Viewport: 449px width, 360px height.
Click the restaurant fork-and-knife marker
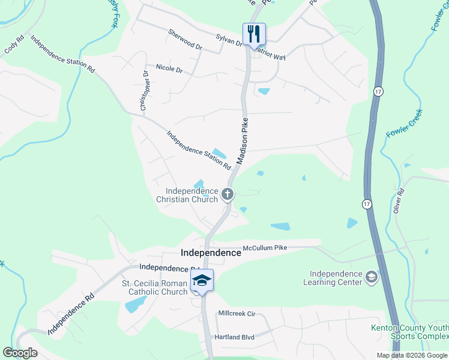pyautogui.click(x=253, y=34)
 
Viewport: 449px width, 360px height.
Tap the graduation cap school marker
pyautogui.click(x=202, y=281)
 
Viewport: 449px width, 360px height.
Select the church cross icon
pyautogui.click(x=227, y=194)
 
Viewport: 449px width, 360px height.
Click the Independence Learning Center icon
pyautogui.click(x=372, y=277)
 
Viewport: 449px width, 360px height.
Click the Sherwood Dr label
pyautogui.click(x=185, y=40)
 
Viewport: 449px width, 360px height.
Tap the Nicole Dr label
pyautogui.click(x=169, y=68)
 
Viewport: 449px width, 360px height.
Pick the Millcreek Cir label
pyautogui.click(x=237, y=313)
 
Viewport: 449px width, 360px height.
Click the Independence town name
pyautogui.click(x=211, y=253)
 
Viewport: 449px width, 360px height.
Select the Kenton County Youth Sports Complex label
pyautogui.click(x=409, y=332)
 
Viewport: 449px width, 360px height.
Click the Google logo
pyautogui.click(x=20, y=353)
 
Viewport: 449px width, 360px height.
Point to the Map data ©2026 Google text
pyautogui.click(x=411, y=355)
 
